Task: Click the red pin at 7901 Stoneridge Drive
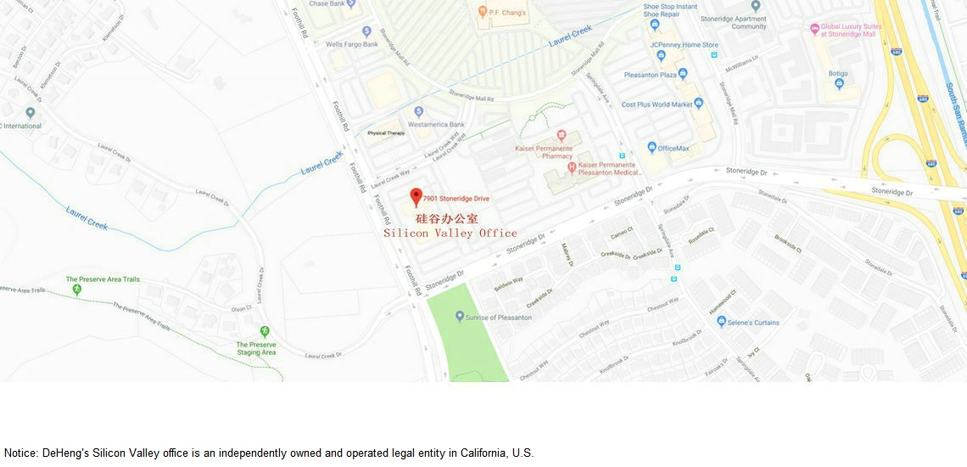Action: (x=416, y=197)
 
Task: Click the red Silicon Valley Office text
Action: (x=450, y=233)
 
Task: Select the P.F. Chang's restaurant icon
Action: (x=483, y=12)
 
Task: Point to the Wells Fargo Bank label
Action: (x=351, y=43)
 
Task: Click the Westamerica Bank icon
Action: (x=418, y=112)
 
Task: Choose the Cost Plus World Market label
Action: (x=657, y=104)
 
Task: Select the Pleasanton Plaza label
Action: (x=651, y=75)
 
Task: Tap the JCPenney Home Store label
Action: (x=684, y=44)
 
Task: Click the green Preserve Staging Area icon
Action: (x=264, y=331)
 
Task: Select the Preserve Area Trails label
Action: (x=103, y=279)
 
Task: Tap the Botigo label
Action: (x=838, y=73)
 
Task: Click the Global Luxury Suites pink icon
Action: (x=814, y=28)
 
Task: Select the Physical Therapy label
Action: (x=386, y=133)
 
